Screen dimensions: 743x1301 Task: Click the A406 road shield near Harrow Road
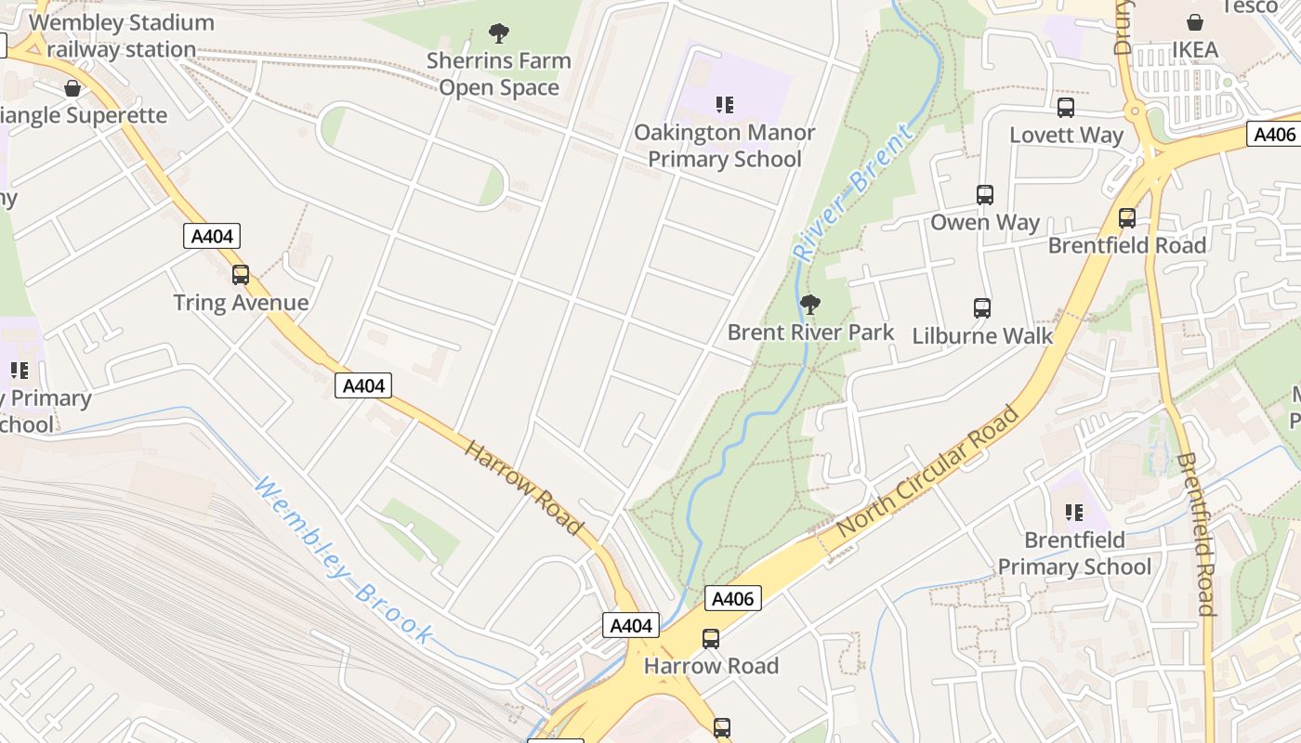(x=732, y=599)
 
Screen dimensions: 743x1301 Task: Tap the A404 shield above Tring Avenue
(x=212, y=237)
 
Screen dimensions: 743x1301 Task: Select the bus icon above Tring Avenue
(x=241, y=275)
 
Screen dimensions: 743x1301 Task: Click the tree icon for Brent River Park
(x=810, y=304)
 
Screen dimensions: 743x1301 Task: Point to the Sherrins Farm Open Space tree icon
(x=499, y=34)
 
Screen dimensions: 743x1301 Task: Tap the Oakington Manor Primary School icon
(x=724, y=105)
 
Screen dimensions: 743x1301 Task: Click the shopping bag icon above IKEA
(x=1195, y=22)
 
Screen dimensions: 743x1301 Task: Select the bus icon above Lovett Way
(x=1066, y=108)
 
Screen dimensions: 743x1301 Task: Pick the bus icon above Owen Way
(x=985, y=195)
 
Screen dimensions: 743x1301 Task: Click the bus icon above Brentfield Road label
(x=1127, y=218)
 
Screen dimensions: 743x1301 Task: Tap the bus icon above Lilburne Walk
(x=982, y=308)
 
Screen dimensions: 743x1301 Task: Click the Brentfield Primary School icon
(x=1074, y=513)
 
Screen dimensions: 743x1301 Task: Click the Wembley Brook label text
(x=343, y=561)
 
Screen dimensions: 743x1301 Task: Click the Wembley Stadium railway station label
(x=121, y=36)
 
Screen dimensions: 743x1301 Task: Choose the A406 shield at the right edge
(x=1274, y=135)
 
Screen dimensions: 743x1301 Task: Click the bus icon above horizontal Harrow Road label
(x=711, y=639)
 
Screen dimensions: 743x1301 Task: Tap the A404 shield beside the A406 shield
(x=631, y=626)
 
